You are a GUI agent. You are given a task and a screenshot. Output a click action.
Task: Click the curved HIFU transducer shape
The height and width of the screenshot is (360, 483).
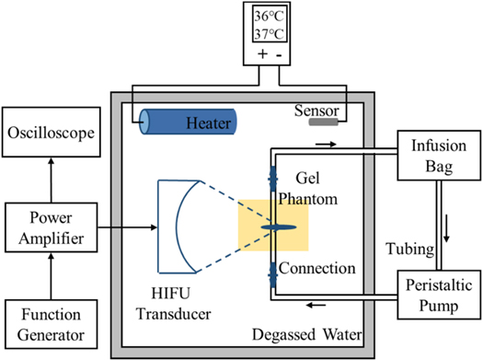click(x=180, y=226)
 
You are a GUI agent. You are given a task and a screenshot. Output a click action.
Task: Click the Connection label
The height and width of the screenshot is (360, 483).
click(x=316, y=269)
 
